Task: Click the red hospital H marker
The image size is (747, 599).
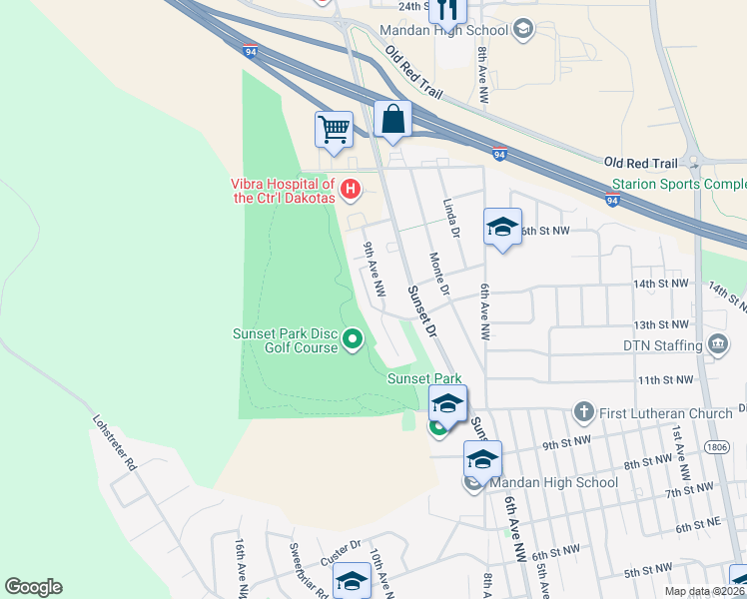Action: point(351,188)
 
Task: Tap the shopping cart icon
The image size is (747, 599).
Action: point(334,128)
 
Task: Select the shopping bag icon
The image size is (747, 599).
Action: point(393,118)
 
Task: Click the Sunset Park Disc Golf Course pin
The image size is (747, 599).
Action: point(352,341)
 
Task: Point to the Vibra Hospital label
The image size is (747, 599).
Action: point(283,191)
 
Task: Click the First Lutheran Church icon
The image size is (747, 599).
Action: point(584,411)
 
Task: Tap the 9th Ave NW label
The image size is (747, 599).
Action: point(373,269)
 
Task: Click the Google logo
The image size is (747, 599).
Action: point(33,587)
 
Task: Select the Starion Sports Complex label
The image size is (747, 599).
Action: point(678,185)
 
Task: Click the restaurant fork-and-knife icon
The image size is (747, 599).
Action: point(446,10)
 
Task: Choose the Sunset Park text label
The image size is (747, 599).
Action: point(424,379)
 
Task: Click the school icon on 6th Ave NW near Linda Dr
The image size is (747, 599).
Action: point(502,227)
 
